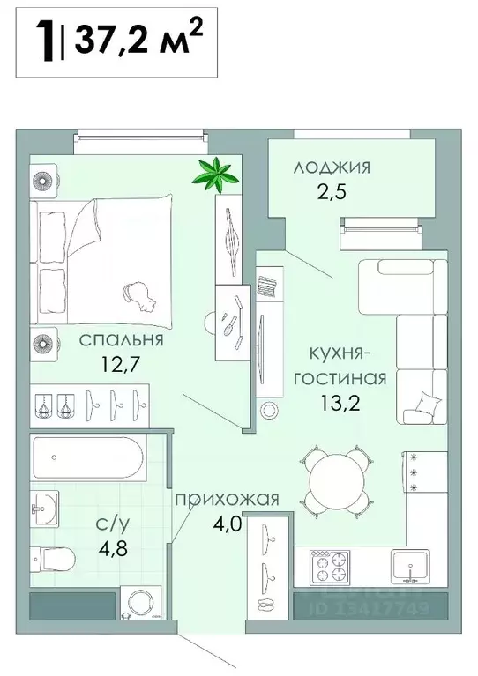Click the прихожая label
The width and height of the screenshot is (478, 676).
click(227, 500)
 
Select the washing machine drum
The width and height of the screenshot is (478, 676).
click(140, 603)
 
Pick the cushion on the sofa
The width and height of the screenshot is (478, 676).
click(421, 408)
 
